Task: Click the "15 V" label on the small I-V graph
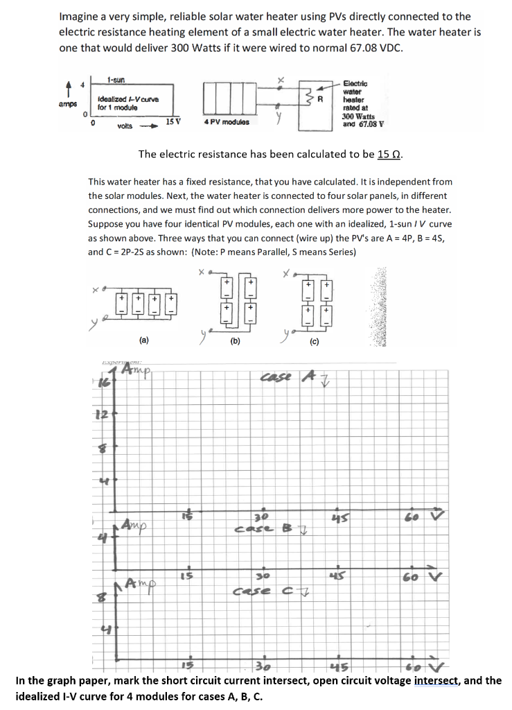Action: tap(174, 122)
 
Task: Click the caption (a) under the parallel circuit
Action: tap(143, 340)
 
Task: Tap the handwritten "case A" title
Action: tap(283, 377)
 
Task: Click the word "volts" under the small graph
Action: tap(125, 125)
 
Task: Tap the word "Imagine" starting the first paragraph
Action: tap(80, 16)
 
